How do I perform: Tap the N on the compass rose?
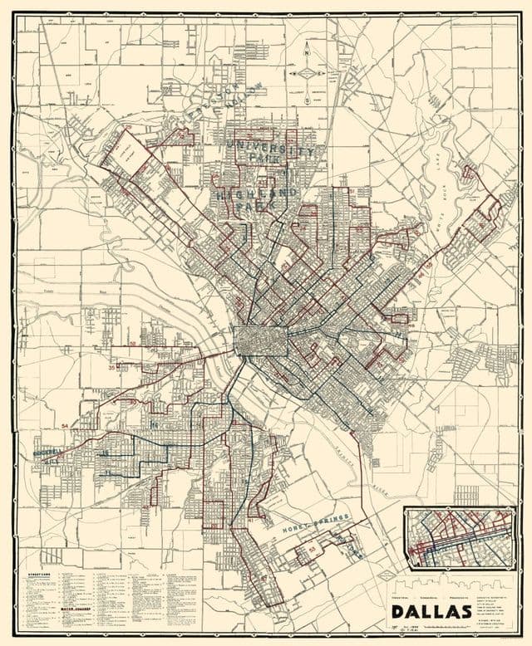pos(308,49)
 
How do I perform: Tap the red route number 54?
pos(65,426)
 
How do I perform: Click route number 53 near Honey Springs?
pos(313,549)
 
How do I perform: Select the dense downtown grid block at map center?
pos(260,341)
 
